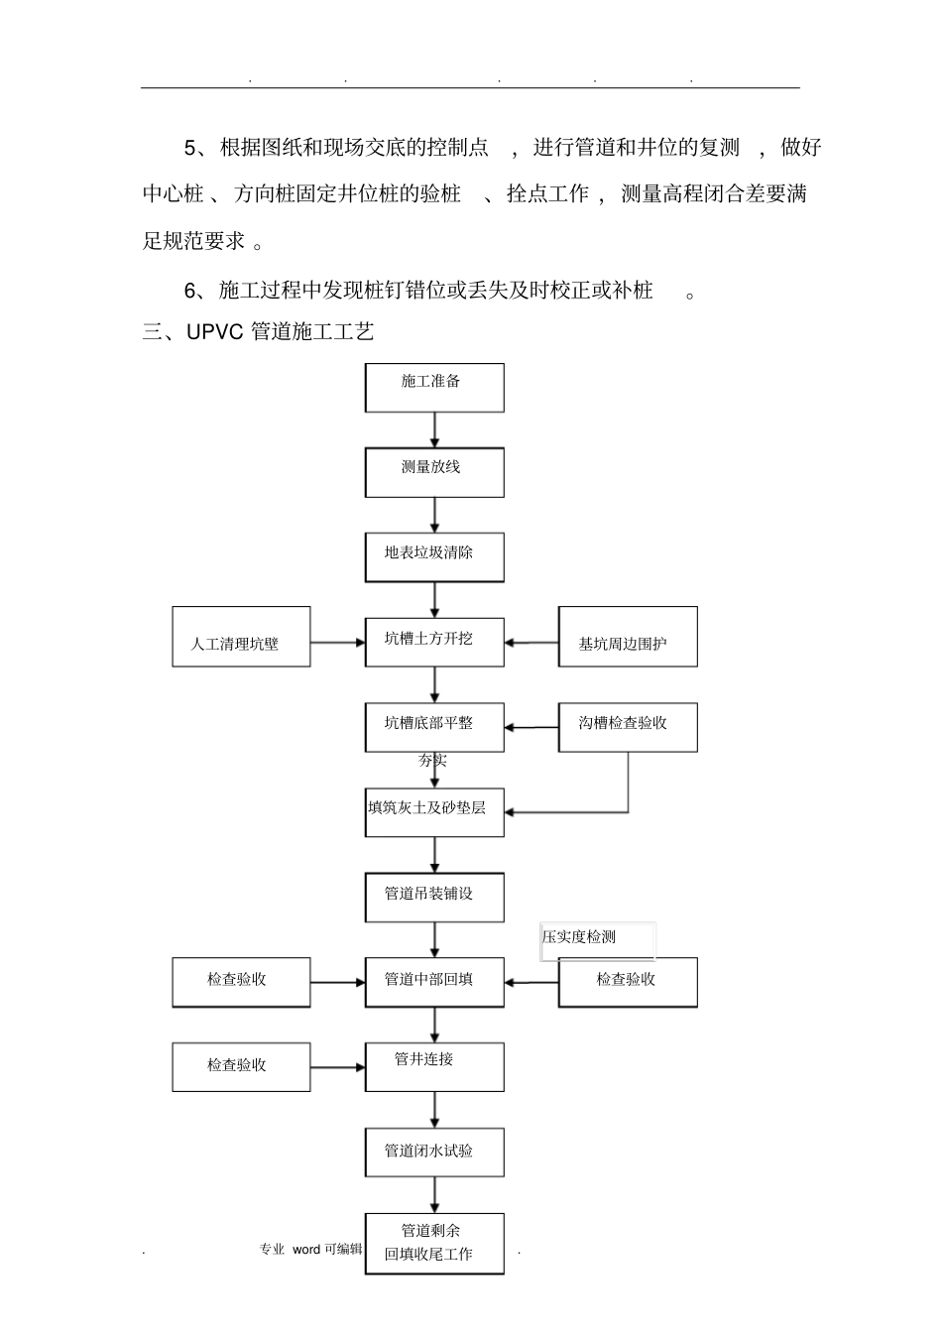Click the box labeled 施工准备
pyautogui.click(x=434, y=388)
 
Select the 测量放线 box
pyautogui.click(x=434, y=473)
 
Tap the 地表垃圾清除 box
pyautogui.click(x=434, y=558)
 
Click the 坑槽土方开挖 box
pyautogui.click(x=434, y=643)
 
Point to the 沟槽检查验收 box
pyautogui.click(x=628, y=728)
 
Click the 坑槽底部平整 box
pyautogui.click(x=434, y=728)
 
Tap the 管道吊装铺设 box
pyautogui.click(x=434, y=898)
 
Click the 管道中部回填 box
pyautogui.click(x=434, y=983)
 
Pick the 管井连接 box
pyautogui.click(x=434, y=1067)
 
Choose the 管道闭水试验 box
pyautogui.click(x=434, y=1152)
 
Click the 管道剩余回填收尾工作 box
pyautogui.click(x=434, y=1244)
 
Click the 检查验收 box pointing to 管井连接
pyautogui.click(x=241, y=1067)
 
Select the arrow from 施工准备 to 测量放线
pyautogui.click(x=434, y=430)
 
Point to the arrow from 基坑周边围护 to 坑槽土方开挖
pyautogui.click(x=531, y=643)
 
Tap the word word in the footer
pyautogui.click(x=306, y=1250)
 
